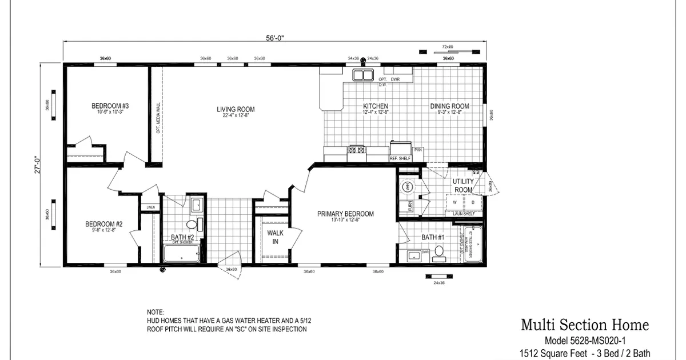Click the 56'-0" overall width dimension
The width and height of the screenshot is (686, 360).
coord(274,38)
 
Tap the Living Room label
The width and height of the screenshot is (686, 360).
coord(236,109)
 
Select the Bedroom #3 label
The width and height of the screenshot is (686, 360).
coord(110,106)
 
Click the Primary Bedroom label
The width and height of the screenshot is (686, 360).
coord(345,214)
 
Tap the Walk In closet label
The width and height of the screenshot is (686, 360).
coord(276,237)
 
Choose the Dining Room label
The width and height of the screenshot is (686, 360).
coord(449,106)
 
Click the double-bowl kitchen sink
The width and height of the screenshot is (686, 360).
coord(362,75)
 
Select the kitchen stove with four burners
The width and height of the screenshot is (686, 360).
coord(357,150)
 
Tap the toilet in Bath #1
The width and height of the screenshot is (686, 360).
coord(439,252)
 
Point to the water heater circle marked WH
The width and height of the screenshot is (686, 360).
coord(408,187)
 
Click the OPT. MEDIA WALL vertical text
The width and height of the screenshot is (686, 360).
coord(158,117)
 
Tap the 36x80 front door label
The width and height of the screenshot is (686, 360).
coord(232,269)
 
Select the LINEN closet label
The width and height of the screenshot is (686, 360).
coord(150,207)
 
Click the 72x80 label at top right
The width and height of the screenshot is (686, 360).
coord(448,47)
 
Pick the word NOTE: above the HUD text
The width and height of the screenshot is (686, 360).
coord(155,313)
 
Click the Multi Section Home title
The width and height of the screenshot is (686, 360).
coord(584,325)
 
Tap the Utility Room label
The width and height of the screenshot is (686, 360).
coord(463,186)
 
